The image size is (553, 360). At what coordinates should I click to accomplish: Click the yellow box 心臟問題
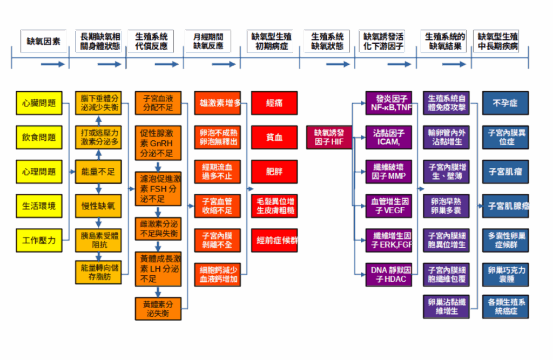tap(39, 103)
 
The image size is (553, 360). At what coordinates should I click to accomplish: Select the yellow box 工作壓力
tap(39, 240)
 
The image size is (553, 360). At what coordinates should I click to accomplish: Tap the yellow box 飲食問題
tap(39, 137)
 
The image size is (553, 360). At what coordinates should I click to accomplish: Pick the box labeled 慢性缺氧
tap(98, 206)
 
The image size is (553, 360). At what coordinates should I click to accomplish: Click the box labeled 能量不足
tap(98, 172)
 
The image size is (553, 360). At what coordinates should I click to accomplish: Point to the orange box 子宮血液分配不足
tap(158, 103)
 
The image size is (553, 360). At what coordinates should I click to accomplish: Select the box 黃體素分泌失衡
tap(158, 308)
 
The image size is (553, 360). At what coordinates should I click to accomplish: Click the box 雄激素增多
tap(217, 103)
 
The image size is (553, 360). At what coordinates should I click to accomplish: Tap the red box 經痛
tap(274, 103)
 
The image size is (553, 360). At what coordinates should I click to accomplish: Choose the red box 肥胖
tap(274, 172)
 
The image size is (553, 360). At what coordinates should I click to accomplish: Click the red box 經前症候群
tap(274, 240)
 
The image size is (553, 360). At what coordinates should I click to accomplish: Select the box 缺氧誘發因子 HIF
tap(329, 137)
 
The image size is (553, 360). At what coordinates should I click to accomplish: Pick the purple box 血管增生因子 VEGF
tap(389, 206)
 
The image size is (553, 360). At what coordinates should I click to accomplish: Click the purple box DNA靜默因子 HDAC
tap(389, 274)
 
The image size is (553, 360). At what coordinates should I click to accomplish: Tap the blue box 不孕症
tap(505, 103)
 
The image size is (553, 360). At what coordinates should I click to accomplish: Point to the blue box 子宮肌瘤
tap(505, 172)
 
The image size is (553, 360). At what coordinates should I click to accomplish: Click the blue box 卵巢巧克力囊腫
tap(505, 274)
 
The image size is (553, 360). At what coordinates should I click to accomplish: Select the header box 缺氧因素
tap(43, 41)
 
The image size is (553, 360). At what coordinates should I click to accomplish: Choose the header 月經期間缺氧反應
tap(208, 41)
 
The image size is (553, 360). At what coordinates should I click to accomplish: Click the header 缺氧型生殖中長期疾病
tap(497, 41)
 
